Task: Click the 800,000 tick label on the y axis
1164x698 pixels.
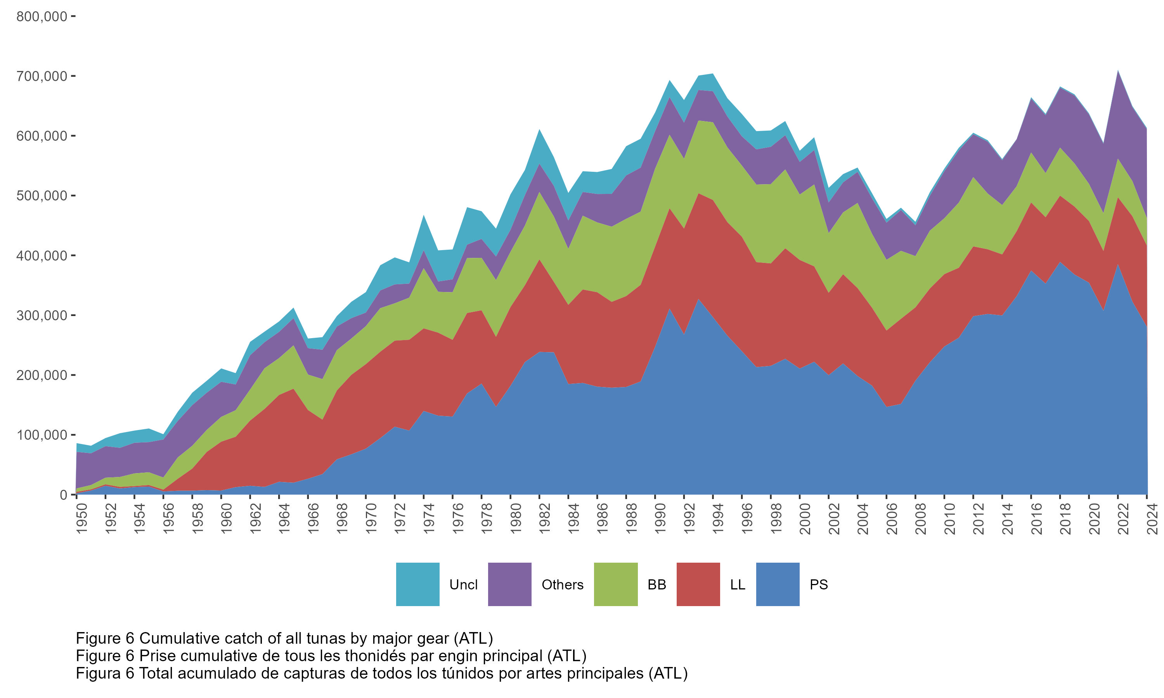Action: point(42,16)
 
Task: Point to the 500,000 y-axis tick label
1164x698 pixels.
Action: point(42,196)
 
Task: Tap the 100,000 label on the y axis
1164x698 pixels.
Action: point(42,435)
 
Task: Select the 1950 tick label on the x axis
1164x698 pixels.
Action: point(82,519)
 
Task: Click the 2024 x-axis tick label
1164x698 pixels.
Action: point(1152,519)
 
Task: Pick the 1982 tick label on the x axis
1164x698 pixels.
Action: point(545,519)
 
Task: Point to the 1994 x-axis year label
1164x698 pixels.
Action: point(719,519)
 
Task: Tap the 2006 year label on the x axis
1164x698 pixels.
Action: point(892,519)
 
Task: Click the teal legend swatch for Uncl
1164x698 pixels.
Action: point(417,584)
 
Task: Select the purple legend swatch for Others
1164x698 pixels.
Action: point(509,584)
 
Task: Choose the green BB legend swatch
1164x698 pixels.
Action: point(615,584)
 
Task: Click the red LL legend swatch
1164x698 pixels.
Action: point(698,584)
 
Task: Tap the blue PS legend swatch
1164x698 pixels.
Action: point(777,584)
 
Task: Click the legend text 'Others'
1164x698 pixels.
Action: point(562,585)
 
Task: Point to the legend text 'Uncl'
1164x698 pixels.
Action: point(463,585)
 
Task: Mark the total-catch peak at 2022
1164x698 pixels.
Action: point(1118,71)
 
